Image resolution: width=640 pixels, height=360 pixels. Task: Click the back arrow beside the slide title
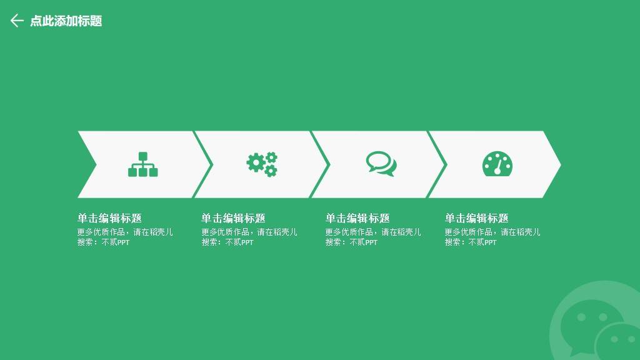[17, 21]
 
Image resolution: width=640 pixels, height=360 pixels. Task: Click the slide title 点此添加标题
[66, 21]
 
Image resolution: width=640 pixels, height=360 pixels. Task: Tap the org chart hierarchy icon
[143, 164]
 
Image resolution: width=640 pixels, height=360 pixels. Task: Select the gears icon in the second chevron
[262, 164]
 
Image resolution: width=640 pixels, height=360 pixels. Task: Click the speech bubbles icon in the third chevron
[381, 164]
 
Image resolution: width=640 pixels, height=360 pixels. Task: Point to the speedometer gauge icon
[497, 164]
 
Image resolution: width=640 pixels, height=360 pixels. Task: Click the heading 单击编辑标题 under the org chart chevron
[110, 218]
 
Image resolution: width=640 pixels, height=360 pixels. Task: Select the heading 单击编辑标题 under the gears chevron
[234, 218]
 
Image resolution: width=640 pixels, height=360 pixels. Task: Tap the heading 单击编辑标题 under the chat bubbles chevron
[357, 218]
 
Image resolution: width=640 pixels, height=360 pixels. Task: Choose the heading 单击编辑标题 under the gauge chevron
[477, 218]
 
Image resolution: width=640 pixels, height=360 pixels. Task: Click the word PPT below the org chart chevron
[123, 242]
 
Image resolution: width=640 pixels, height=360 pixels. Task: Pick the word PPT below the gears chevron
[247, 242]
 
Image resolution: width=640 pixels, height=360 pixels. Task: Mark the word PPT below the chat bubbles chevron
[371, 242]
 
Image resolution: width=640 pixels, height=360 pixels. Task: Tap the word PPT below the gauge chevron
[491, 242]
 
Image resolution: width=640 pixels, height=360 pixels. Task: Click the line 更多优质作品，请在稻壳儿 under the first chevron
[125, 232]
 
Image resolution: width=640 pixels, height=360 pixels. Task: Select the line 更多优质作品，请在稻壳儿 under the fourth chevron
[492, 232]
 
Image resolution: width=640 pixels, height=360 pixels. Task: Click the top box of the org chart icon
[143, 156]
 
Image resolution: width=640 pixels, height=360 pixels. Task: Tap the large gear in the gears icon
[256, 162]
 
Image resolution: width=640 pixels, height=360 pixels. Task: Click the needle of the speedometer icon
[498, 166]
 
